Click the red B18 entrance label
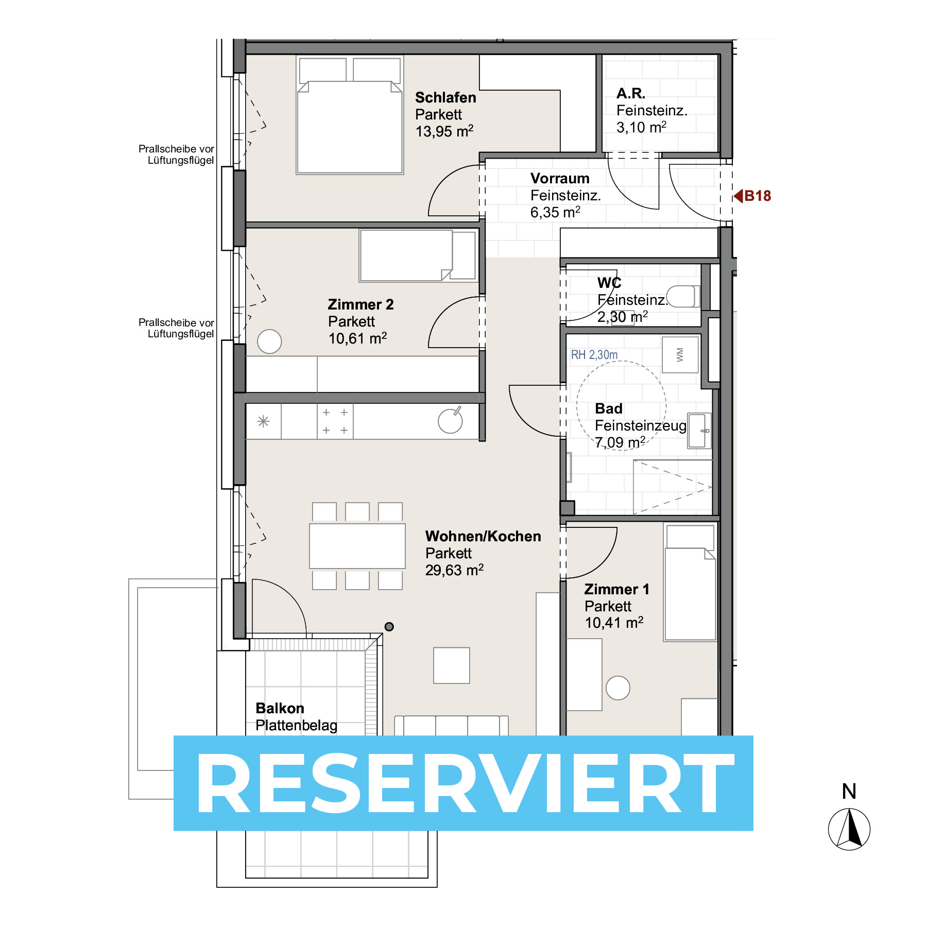[752, 196]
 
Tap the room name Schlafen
[445, 97]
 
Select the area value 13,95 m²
[444, 131]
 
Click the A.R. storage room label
[631, 93]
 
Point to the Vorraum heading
[560, 178]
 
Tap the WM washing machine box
[680, 354]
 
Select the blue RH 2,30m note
[594, 354]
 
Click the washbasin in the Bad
[699, 431]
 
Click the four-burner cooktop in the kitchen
[335, 421]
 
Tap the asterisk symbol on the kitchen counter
[263, 421]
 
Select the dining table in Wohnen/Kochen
[357, 546]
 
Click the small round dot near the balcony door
[389, 627]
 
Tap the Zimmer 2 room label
[360, 304]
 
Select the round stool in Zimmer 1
[618, 688]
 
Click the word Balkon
[280, 708]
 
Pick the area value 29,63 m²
[454, 570]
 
